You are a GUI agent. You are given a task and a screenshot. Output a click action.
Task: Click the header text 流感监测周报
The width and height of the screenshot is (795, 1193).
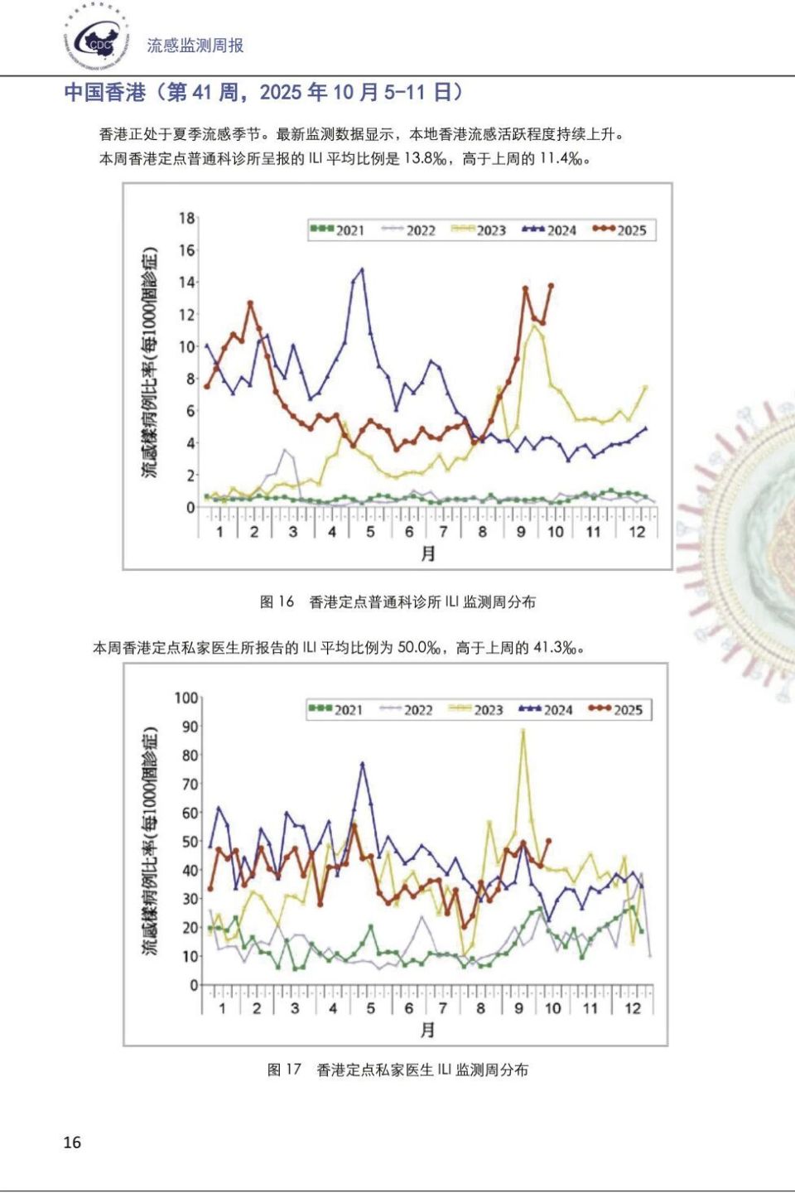(x=195, y=46)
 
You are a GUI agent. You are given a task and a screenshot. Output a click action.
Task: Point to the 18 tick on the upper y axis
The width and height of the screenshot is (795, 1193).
(x=186, y=219)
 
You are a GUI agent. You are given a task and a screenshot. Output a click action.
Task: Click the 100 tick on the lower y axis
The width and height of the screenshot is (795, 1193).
(x=186, y=698)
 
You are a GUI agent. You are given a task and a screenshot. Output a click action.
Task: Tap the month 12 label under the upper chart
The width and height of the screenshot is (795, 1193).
(x=636, y=532)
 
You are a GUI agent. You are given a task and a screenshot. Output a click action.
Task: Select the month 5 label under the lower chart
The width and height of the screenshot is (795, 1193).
(x=370, y=1008)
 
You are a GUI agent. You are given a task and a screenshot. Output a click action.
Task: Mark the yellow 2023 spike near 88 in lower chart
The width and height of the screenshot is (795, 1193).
(x=523, y=731)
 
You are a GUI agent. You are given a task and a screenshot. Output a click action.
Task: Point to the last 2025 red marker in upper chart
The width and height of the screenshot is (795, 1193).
(x=551, y=286)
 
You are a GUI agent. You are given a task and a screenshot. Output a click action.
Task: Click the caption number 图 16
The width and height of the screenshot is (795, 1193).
(x=277, y=601)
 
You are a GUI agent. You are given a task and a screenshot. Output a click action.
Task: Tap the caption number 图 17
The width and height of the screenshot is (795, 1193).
(x=284, y=1070)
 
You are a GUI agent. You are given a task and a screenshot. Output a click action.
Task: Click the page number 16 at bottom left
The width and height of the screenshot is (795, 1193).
(x=72, y=1142)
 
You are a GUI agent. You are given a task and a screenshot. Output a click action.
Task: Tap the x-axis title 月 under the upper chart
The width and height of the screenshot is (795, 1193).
(x=427, y=553)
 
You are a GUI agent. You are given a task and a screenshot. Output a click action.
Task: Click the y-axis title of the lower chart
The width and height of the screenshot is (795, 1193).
(x=149, y=841)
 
